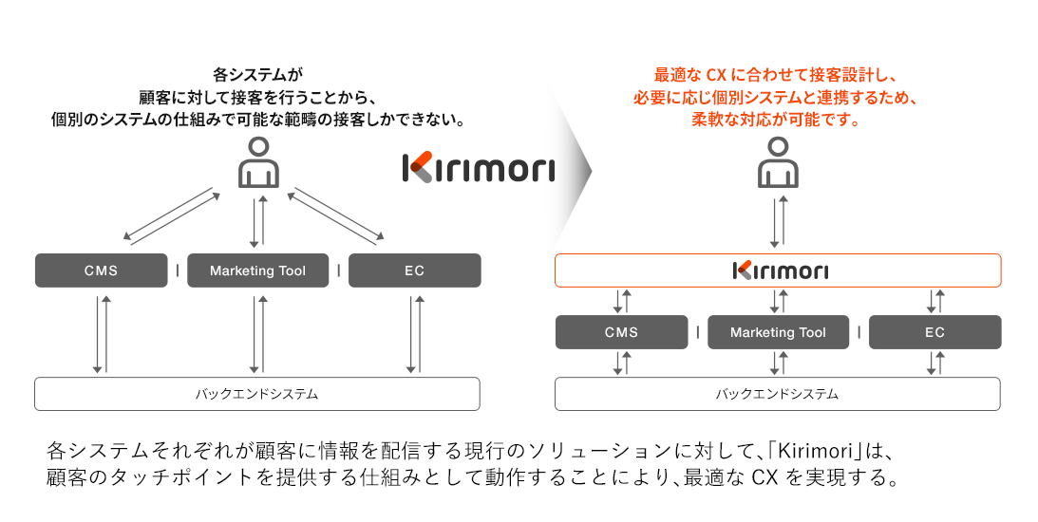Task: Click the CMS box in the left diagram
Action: pos(101,270)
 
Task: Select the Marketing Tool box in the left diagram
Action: pos(258,270)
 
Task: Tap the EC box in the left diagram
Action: pos(414,270)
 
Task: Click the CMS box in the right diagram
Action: pos(621,332)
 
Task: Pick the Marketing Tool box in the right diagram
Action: pos(779,332)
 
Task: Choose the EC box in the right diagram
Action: pos(934,332)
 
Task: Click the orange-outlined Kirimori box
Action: pos(778,270)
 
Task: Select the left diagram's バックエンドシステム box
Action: pos(256,393)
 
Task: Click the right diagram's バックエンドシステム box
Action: pos(777,393)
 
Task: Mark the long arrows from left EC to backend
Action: pos(413,334)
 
